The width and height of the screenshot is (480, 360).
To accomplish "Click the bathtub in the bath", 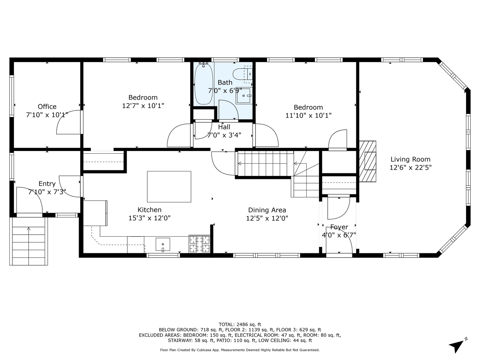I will coord(204,84).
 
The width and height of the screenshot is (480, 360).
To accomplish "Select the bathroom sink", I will coord(244,96).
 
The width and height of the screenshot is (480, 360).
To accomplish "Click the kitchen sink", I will coord(163,245).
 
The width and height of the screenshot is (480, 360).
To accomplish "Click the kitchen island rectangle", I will coord(169,187).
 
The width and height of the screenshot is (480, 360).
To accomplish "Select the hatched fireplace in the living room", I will coord(368,161).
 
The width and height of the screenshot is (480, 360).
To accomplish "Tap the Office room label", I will coord(47,107).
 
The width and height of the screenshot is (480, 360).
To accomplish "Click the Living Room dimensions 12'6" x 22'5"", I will coord(410,168).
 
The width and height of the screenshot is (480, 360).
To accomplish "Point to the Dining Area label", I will coord(267,210).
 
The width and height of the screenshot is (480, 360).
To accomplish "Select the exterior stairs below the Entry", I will coord(29,241).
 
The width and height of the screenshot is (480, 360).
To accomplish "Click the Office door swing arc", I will coord(68,122).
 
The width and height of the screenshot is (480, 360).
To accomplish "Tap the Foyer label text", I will coord(339,227).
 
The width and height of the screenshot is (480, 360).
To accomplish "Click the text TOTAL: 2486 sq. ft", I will coord(240,324).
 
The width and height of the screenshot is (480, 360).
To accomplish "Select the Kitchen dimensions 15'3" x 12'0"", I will coord(149,218).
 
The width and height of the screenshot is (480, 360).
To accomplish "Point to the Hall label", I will coord(224,127).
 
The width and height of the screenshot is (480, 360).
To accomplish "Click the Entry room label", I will coord(47,184).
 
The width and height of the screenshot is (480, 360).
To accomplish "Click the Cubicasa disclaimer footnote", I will coord(240,350).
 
